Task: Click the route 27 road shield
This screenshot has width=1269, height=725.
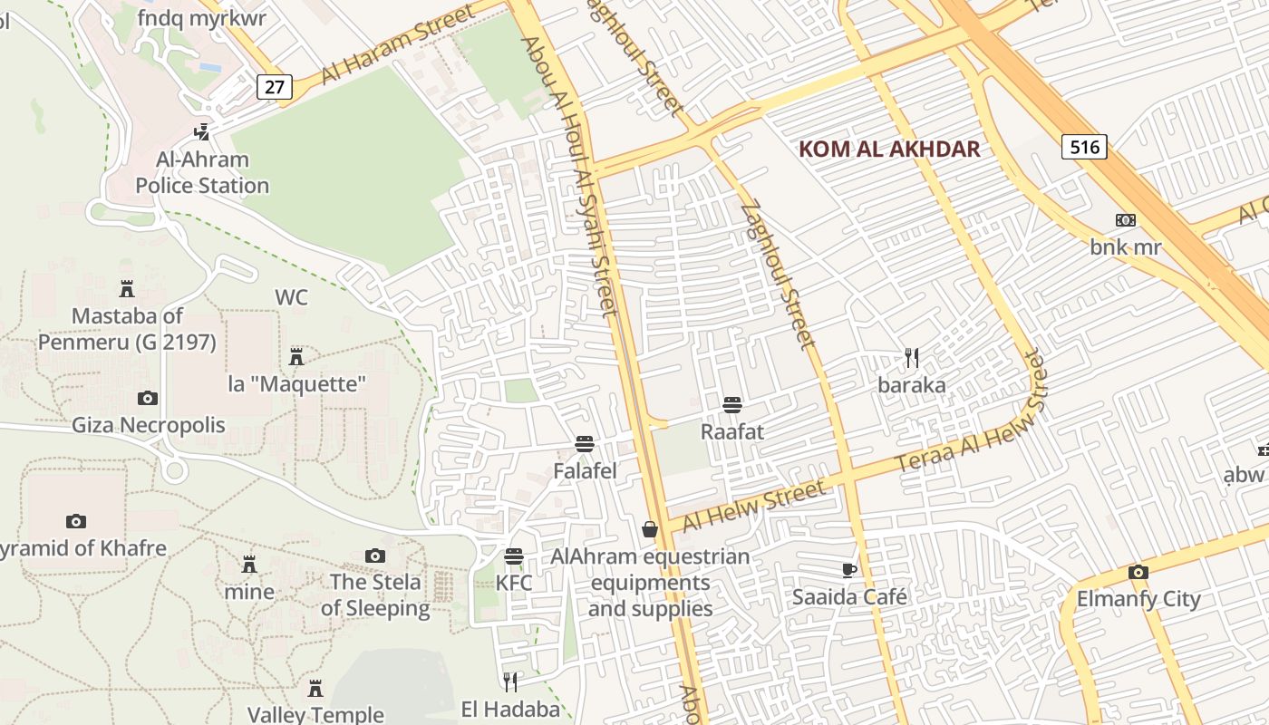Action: click(x=275, y=87)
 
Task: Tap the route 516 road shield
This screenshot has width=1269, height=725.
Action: click(x=1084, y=147)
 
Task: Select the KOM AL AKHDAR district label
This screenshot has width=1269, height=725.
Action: click(x=889, y=150)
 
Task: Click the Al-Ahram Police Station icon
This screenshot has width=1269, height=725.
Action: click(x=202, y=132)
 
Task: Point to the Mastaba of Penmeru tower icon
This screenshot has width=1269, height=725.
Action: click(x=127, y=289)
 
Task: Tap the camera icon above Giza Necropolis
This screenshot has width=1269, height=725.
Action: click(x=147, y=398)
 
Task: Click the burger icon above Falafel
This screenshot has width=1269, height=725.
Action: click(x=585, y=444)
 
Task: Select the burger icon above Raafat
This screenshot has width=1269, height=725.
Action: click(x=732, y=404)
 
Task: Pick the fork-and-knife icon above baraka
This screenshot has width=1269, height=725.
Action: click(x=912, y=358)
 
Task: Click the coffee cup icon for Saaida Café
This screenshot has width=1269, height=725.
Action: click(x=848, y=570)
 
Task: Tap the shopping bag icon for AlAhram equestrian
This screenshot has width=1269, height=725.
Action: click(x=650, y=528)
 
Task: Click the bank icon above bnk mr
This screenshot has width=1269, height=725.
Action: click(x=1126, y=220)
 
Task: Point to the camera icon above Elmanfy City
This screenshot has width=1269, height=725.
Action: click(x=1138, y=572)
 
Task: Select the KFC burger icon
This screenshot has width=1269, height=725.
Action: click(x=514, y=556)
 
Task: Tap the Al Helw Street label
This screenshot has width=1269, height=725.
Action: click(x=753, y=507)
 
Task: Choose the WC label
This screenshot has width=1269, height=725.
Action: click(x=291, y=297)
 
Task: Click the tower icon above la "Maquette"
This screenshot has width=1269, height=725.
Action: click(x=295, y=356)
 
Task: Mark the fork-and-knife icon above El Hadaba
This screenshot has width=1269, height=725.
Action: click(x=510, y=681)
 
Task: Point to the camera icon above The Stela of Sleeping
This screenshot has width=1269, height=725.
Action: click(x=375, y=556)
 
